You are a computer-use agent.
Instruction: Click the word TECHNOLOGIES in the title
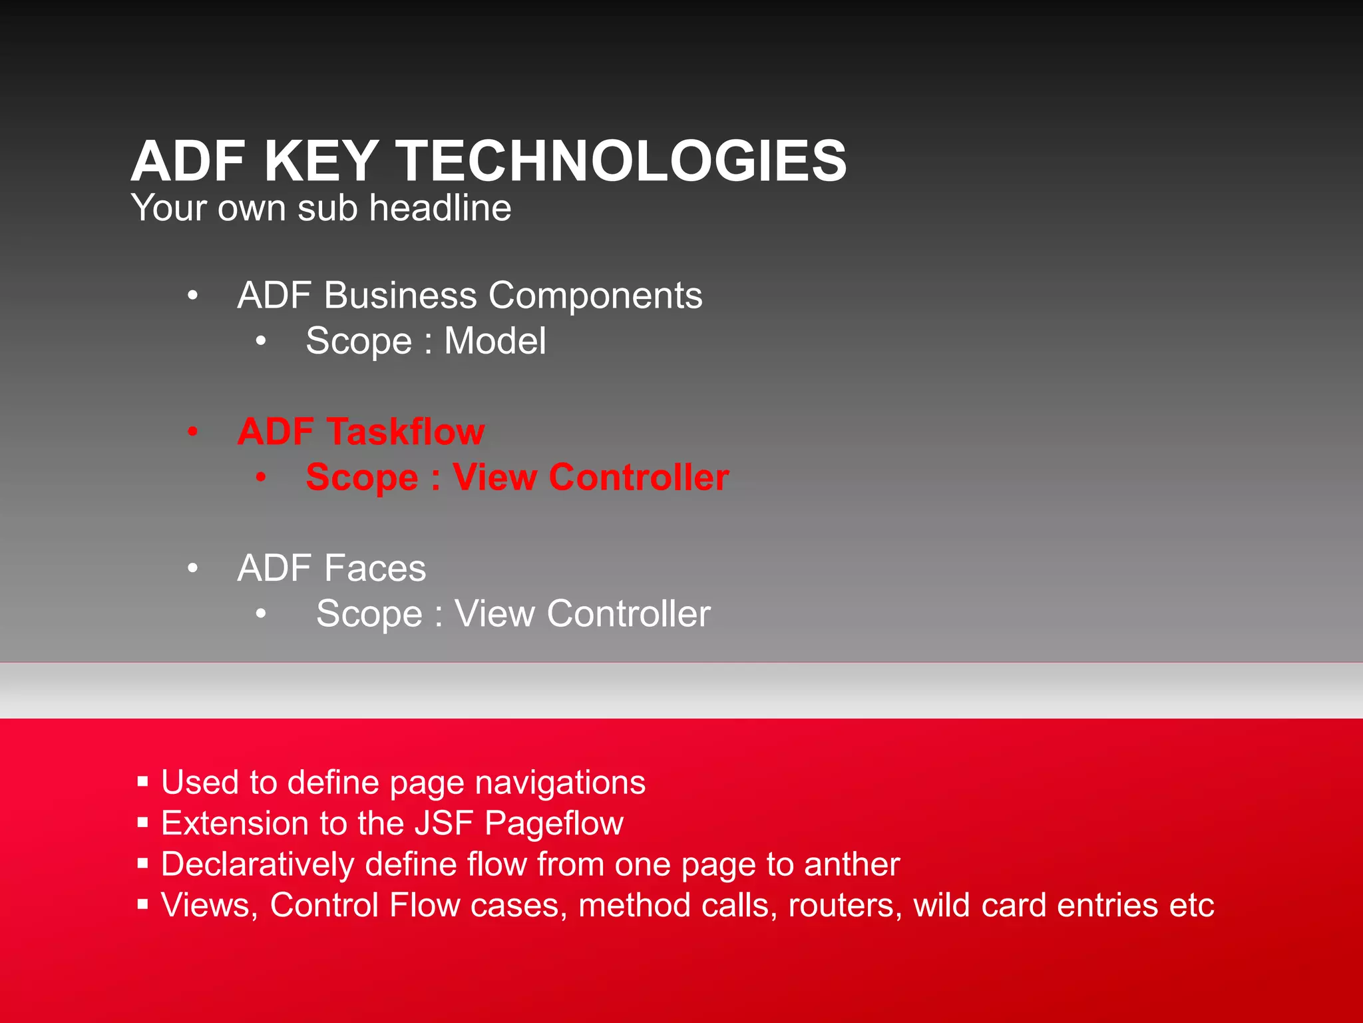coord(622,161)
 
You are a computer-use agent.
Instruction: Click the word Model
coord(494,341)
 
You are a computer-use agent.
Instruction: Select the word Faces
coord(375,568)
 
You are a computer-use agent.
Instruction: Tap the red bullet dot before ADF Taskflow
coord(192,432)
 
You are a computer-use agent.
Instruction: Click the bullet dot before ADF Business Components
coord(192,295)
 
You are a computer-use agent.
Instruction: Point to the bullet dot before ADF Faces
coord(192,568)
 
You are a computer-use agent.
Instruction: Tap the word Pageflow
coord(554,823)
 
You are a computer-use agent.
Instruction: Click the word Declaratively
coord(258,864)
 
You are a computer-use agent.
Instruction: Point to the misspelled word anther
coord(851,864)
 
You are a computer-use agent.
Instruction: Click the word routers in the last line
coord(844,906)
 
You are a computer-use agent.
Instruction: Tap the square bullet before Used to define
coord(142,781)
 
